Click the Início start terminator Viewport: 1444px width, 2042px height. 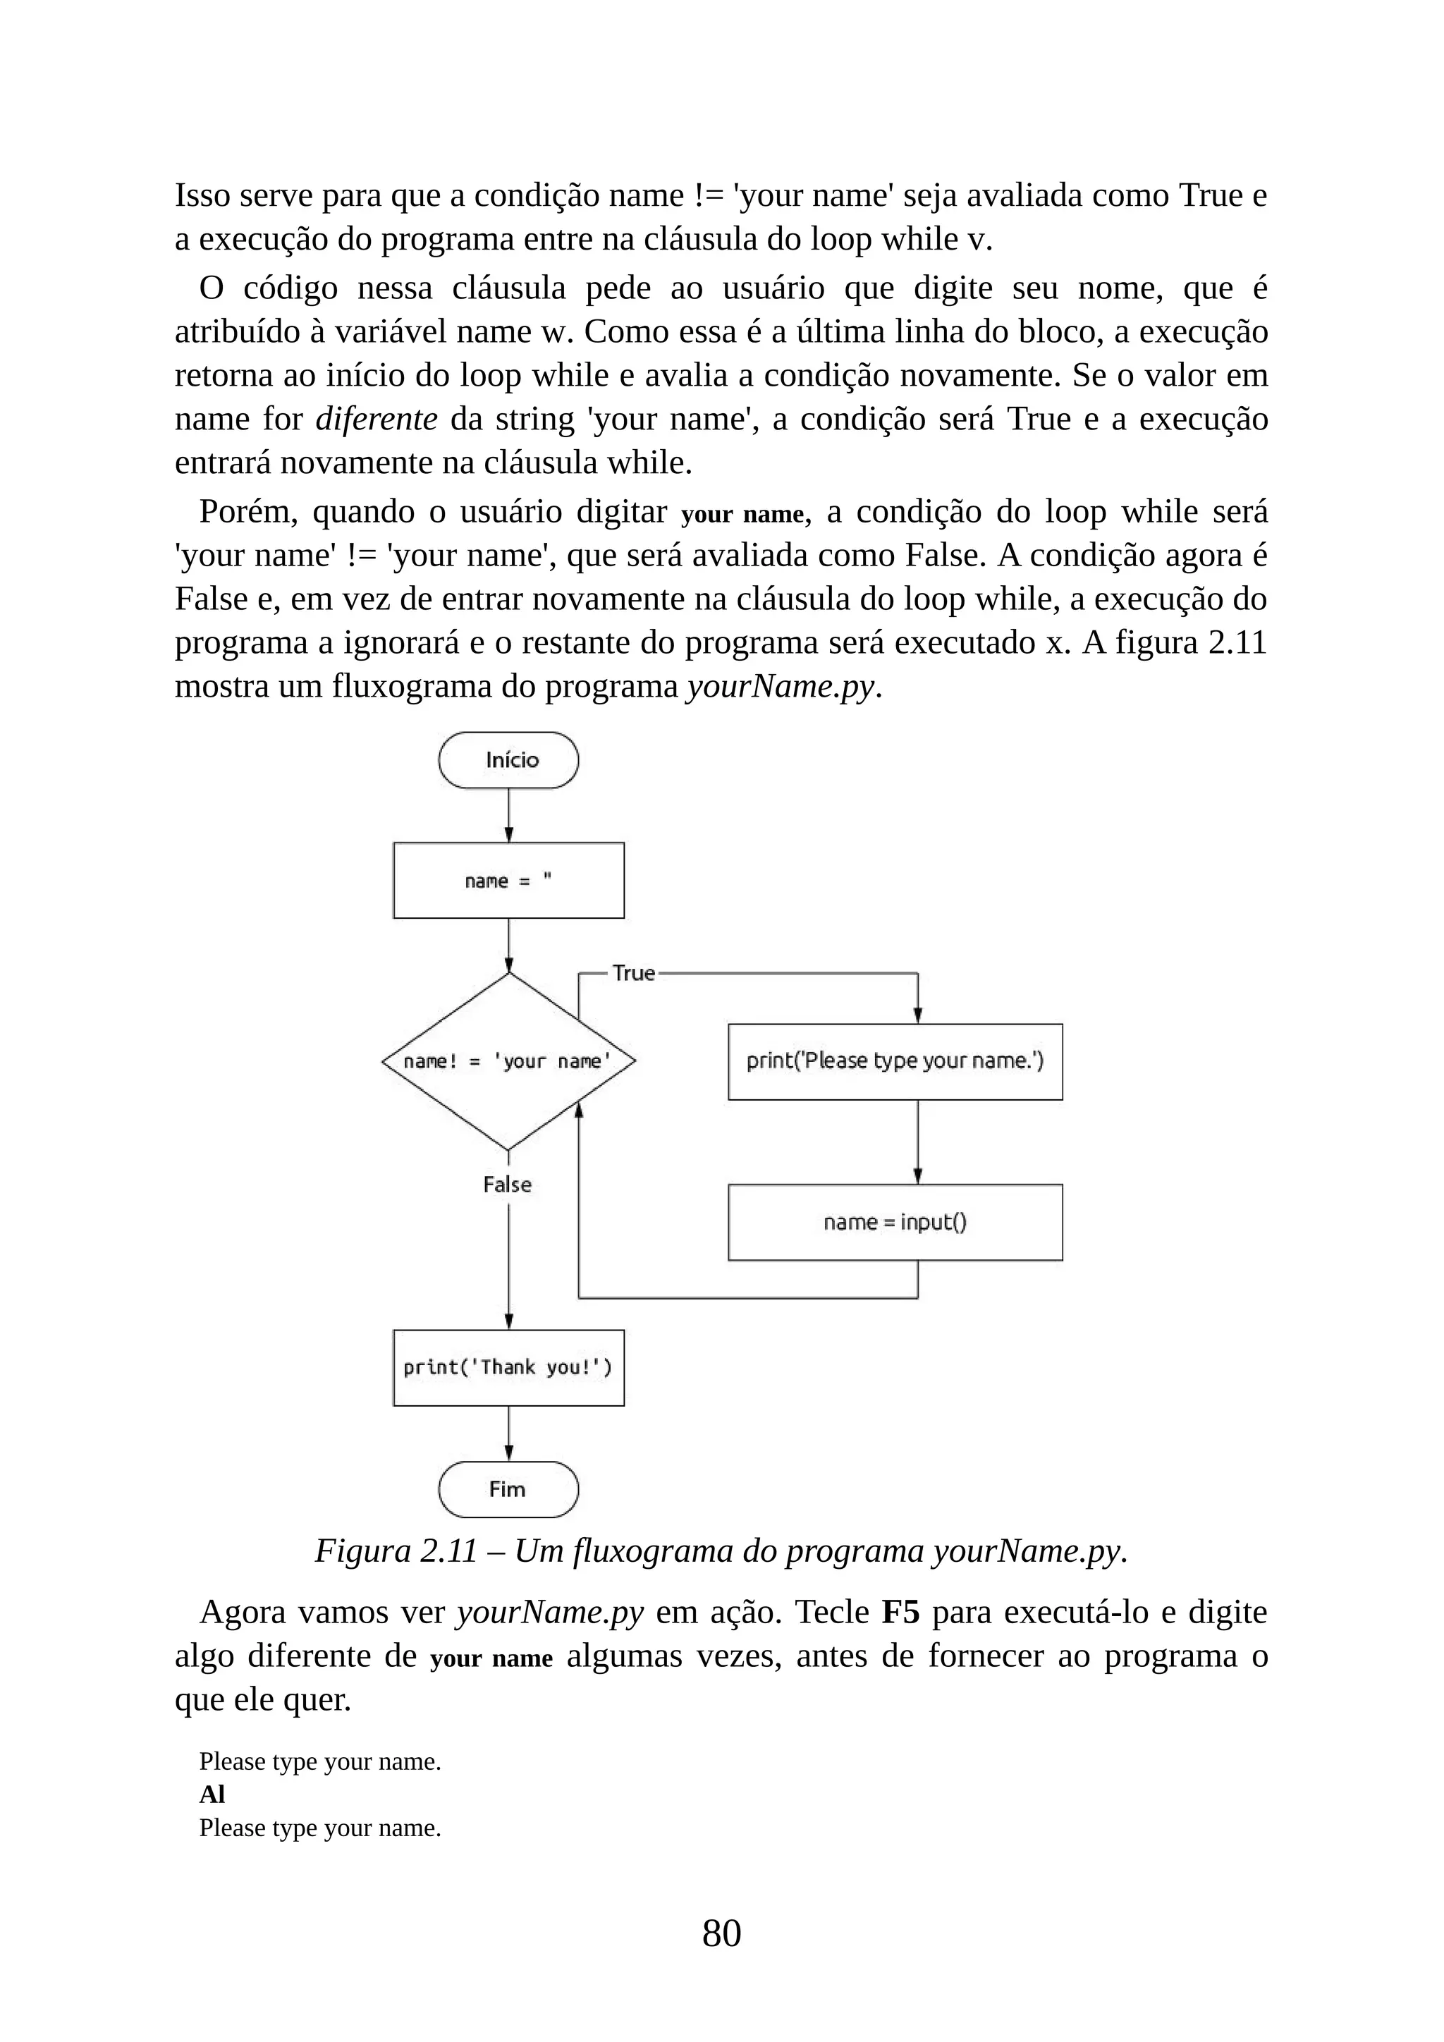pos(508,760)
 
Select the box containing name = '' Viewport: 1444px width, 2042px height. pos(508,881)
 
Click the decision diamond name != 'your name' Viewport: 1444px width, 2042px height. pos(508,1061)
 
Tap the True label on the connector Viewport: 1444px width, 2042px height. pos(633,973)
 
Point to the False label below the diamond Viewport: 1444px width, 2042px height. pos(507,1185)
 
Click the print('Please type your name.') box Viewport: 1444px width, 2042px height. pos(895,1062)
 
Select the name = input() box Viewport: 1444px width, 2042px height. pos(895,1222)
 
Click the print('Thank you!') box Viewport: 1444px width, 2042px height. pos(508,1368)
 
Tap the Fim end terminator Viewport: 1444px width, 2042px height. pos(508,1490)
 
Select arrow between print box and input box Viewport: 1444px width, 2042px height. pos(917,1142)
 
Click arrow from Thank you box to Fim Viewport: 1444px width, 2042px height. pos(508,1433)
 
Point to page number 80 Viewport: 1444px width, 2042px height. pos(721,1933)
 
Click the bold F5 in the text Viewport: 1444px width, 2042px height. pos(900,1613)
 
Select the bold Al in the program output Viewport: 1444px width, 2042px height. pos(212,1795)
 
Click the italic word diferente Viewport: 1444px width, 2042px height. pos(376,419)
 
